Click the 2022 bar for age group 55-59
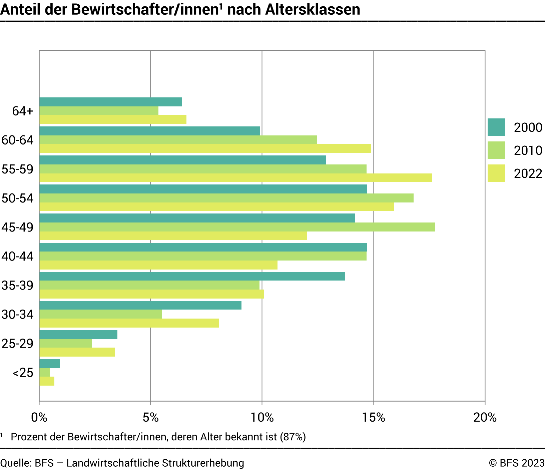pos(235,178)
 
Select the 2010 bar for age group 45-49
pos(237,227)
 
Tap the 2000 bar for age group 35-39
pos(192,276)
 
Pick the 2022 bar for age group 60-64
pos(205,149)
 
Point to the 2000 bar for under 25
pos(49,363)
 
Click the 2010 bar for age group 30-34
pos(100,314)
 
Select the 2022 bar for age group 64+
pos(113,120)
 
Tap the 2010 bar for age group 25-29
pos(65,343)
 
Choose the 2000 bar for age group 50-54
pos(203,189)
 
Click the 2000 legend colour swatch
pos(496,127)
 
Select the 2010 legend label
pos(528,151)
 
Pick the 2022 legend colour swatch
pos(496,173)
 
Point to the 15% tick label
pos(374,417)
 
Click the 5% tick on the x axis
pos(151,417)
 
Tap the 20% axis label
pos(485,417)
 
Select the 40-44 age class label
pos(17,257)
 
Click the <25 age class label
pos(23,373)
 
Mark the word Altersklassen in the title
pos(313,9)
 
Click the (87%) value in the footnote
pos(293,437)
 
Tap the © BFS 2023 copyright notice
pos(517,463)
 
